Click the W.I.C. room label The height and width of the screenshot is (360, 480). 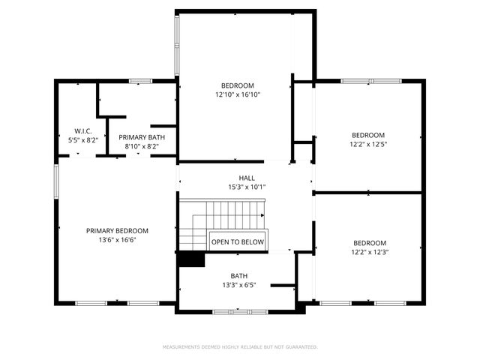click(x=82, y=131)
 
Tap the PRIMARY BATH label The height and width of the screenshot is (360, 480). click(x=142, y=137)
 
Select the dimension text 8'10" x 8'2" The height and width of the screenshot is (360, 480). click(x=142, y=146)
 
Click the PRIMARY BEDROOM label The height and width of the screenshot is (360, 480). click(x=117, y=231)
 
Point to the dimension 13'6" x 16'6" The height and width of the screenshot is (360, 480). click(x=117, y=240)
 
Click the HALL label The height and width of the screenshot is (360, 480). click(x=247, y=178)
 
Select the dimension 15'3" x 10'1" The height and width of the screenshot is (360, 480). click(x=247, y=187)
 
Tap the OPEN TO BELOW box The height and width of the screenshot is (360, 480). click(x=238, y=241)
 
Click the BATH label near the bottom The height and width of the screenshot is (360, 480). click(x=239, y=276)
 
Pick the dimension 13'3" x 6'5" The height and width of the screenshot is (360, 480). click(x=239, y=285)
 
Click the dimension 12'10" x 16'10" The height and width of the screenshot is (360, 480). click(x=237, y=94)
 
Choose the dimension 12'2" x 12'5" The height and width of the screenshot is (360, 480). click(x=368, y=144)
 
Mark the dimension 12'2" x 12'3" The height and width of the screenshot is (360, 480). click(x=370, y=252)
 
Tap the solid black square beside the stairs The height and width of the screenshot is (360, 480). click(x=191, y=258)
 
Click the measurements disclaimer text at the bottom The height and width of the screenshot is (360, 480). click(x=240, y=347)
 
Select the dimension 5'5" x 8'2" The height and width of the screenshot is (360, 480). click(x=82, y=140)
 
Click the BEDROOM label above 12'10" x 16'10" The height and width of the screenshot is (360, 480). click(x=237, y=85)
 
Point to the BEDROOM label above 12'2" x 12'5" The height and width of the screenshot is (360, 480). click(x=368, y=135)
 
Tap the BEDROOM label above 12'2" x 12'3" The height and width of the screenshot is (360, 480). click(x=370, y=243)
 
